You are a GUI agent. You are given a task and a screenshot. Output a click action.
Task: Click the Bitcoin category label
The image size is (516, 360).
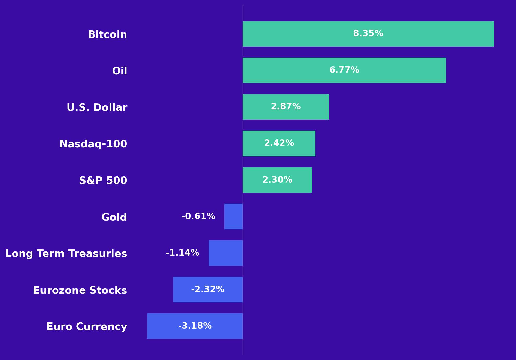pyautogui.click(x=107, y=34)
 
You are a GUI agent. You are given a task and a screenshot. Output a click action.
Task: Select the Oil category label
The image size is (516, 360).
pyautogui.click(x=120, y=71)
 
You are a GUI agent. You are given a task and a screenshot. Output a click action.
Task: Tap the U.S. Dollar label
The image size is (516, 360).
pyautogui.click(x=97, y=107)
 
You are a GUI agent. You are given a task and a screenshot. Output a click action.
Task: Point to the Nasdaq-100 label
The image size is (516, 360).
pyautogui.click(x=93, y=144)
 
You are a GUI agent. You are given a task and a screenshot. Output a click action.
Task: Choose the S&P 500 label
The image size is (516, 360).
pyautogui.click(x=103, y=181)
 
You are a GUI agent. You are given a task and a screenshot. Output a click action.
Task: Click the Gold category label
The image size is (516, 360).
pyautogui.click(x=114, y=217)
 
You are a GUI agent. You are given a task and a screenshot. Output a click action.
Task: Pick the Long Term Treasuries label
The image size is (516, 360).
pyautogui.click(x=66, y=254)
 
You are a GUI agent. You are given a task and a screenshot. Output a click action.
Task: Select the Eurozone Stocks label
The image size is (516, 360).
pyautogui.click(x=80, y=290)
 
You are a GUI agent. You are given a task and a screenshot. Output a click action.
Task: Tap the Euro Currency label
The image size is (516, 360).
pyautogui.click(x=87, y=327)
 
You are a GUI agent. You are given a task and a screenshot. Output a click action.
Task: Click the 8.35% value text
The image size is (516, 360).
pyautogui.click(x=368, y=34)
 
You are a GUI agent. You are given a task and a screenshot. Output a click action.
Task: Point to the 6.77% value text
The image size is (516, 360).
pyautogui.click(x=344, y=70)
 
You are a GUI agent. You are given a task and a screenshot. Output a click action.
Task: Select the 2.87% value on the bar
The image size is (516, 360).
pyautogui.click(x=286, y=107)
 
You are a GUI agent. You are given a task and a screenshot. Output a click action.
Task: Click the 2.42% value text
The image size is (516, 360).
pyautogui.click(x=279, y=143)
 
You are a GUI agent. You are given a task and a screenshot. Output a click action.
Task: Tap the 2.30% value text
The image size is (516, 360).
pyautogui.click(x=277, y=180)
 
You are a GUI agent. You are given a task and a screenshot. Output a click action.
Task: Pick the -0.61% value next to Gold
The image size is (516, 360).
pyautogui.click(x=198, y=217)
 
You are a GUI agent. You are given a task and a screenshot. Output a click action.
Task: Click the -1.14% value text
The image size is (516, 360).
pyautogui.click(x=183, y=253)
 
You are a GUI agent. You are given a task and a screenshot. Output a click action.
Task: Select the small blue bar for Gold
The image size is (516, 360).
pyautogui.click(x=234, y=217)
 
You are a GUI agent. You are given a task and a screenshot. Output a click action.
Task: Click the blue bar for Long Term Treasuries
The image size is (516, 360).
pyautogui.click(x=226, y=253)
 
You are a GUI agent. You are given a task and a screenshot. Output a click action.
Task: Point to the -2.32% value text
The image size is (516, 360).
pyautogui.click(x=208, y=290)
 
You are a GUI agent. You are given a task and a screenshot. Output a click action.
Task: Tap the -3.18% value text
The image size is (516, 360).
pyautogui.click(x=195, y=326)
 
